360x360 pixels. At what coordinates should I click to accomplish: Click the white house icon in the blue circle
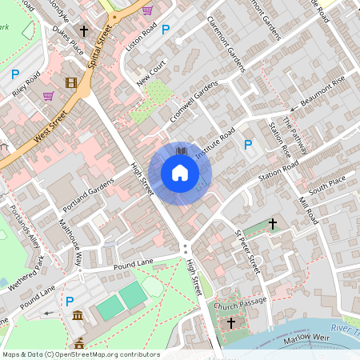tap(180, 173)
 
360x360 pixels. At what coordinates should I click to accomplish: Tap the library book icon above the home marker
tap(182, 150)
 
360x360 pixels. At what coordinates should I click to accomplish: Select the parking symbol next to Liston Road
tap(166, 30)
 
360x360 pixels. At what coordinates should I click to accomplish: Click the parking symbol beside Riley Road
tap(15, 74)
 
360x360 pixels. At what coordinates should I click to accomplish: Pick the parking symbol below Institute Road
tap(248, 145)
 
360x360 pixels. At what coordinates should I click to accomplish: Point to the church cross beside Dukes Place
tap(84, 31)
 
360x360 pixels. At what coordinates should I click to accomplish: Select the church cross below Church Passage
tap(232, 322)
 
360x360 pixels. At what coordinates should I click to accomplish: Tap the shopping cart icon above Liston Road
tap(148, 10)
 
